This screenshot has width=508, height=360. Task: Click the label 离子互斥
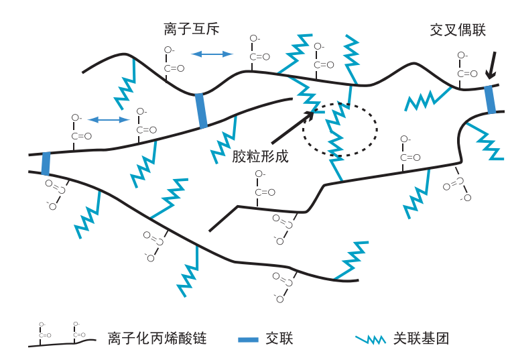pos(192,29)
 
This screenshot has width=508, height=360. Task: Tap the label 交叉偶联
pos(458,30)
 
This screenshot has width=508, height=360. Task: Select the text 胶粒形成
pos(260,157)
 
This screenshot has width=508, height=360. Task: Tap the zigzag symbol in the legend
pos(371,339)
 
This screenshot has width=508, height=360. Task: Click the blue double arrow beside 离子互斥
pos(212,54)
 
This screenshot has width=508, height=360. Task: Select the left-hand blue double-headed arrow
pos(109,120)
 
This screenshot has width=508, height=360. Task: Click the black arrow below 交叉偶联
pos(491,65)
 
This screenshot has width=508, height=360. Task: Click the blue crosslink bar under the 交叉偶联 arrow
pos(491,99)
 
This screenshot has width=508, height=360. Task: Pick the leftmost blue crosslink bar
pos(46,163)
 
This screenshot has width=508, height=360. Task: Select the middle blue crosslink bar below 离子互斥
pos(201,111)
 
